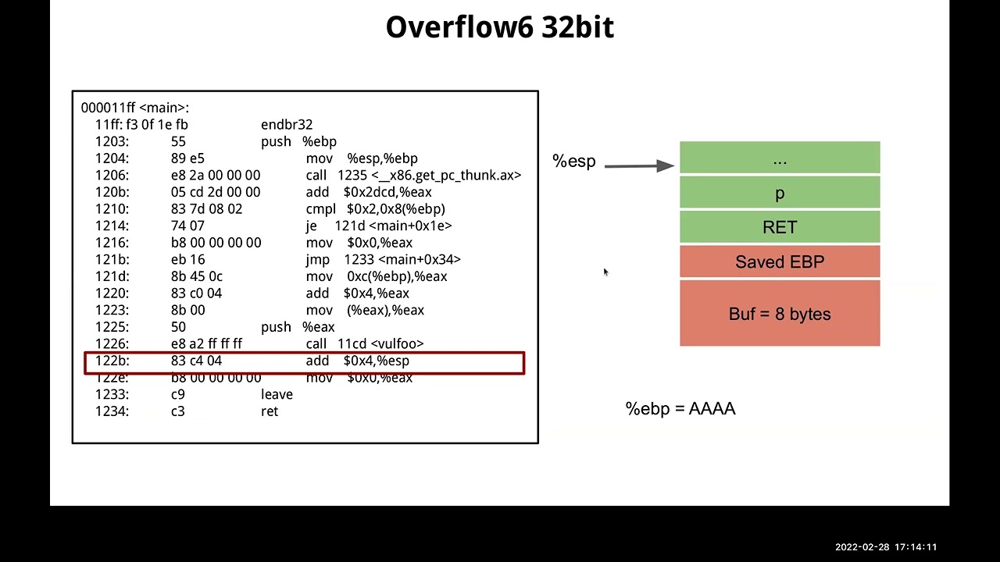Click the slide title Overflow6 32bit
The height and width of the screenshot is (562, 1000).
(x=499, y=27)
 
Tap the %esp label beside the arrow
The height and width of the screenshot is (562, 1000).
(x=574, y=161)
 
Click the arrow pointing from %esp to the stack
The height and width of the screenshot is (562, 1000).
(x=638, y=165)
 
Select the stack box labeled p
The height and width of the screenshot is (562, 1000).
(x=780, y=193)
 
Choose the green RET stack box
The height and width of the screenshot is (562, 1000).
(x=780, y=227)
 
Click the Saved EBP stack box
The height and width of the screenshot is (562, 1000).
(x=780, y=262)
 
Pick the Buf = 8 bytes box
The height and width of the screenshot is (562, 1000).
(x=780, y=314)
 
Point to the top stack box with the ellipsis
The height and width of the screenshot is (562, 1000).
(x=780, y=158)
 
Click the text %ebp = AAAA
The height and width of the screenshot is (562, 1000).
(x=680, y=409)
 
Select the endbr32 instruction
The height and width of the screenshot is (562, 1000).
(x=287, y=125)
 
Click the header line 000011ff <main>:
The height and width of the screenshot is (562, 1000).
(x=135, y=108)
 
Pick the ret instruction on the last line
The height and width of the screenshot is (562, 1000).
(x=270, y=411)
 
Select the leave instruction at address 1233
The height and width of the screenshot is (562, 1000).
(x=277, y=394)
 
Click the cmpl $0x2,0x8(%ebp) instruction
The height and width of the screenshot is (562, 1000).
(x=376, y=209)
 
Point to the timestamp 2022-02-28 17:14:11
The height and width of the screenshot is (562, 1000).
(x=885, y=547)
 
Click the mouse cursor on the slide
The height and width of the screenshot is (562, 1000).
(x=605, y=272)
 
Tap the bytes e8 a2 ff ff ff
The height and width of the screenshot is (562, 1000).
(x=206, y=343)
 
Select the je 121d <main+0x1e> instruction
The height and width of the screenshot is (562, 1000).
(x=379, y=226)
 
